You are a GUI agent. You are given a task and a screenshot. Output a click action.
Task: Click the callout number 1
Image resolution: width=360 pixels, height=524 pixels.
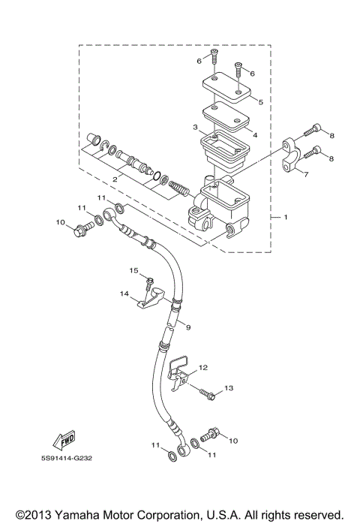[285, 217]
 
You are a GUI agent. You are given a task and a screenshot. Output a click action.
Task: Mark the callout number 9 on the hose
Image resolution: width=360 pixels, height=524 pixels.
[188, 327]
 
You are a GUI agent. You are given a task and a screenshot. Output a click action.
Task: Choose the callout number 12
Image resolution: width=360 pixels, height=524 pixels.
[202, 369]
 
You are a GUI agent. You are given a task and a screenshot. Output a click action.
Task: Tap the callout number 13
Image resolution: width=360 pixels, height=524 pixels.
[229, 387]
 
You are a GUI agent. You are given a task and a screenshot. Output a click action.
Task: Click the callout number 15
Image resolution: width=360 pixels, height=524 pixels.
[134, 270]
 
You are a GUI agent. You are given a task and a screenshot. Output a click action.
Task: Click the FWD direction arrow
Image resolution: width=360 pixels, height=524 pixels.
[64, 440]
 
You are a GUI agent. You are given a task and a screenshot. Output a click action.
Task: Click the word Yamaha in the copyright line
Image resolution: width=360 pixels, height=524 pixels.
[79, 514]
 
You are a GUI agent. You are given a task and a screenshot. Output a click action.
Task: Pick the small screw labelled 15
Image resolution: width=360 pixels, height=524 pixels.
[149, 283]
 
